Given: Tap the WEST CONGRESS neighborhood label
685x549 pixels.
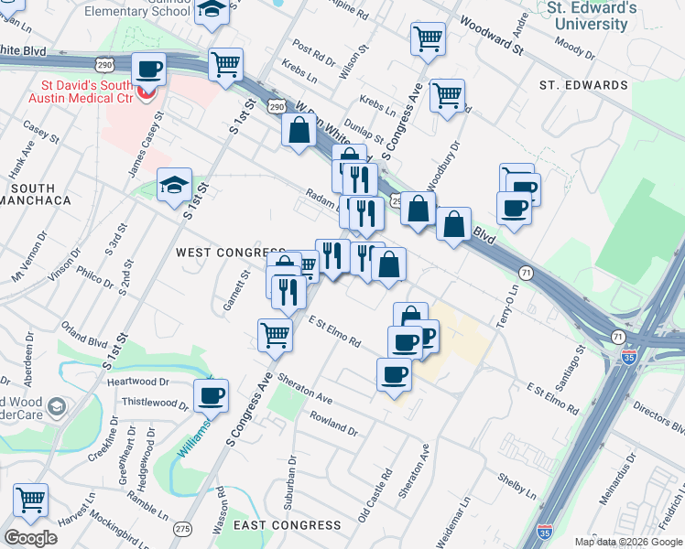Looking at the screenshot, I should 230,252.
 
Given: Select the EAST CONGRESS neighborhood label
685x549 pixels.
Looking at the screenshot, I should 287,525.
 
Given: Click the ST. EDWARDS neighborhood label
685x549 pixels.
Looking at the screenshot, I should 583,85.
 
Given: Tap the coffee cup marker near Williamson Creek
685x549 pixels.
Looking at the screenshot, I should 211,396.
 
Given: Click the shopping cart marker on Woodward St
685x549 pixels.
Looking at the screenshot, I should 427,38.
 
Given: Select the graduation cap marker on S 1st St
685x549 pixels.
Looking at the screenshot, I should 174,185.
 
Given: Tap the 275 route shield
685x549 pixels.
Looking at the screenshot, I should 183,529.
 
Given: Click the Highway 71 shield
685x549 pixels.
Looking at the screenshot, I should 525,273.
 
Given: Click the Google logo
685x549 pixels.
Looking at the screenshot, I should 30,538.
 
